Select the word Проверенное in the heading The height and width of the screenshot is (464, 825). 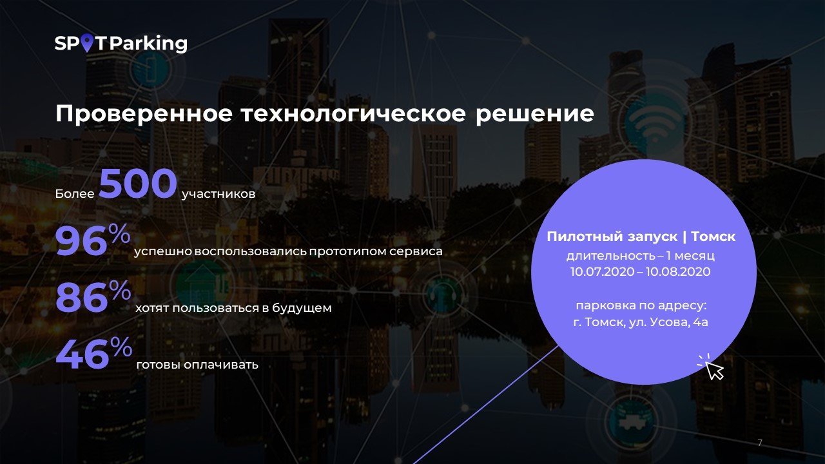coord(144,114)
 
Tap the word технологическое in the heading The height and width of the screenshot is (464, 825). coord(354,114)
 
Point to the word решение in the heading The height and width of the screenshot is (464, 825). coord(535,114)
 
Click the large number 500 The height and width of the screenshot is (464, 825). coord(138,184)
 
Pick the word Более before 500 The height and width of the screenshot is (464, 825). coord(75,194)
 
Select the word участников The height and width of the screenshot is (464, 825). coord(218,194)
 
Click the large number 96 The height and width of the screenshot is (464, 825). coord(81,242)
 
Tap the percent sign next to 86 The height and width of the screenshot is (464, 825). coord(120,290)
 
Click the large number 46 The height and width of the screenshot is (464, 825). coord(82,355)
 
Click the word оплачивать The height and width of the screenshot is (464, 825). coord(220,365)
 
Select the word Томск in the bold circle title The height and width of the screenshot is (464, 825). coord(713,237)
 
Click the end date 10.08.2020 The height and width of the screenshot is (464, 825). coord(678,272)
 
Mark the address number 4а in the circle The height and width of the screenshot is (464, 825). coord(700,322)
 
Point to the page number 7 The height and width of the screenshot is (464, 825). coord(760,443)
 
